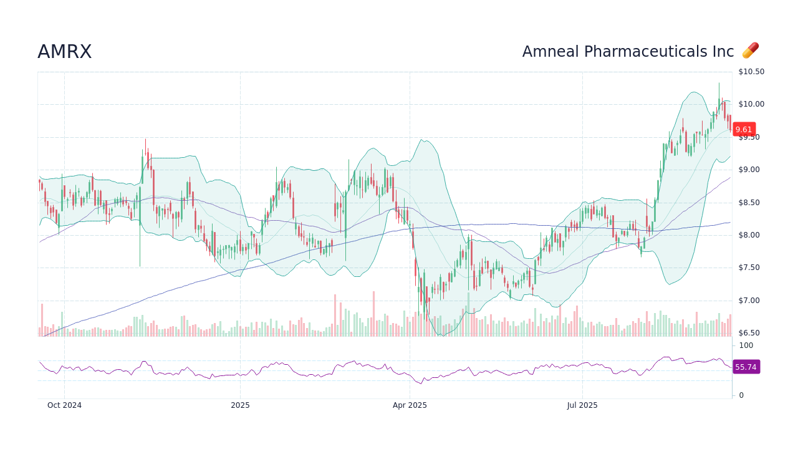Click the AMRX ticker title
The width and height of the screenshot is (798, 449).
64,52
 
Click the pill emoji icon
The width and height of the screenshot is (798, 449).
750,51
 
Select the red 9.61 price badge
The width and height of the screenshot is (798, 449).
744,130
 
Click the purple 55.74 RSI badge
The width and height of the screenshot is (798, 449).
746,367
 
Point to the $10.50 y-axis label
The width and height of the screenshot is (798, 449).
751,72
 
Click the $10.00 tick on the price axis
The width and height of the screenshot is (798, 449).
751,104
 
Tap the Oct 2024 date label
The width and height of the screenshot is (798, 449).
64,405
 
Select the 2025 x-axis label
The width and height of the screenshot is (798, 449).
240,405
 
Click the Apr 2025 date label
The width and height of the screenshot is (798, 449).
410,405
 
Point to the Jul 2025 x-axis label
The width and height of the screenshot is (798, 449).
582,405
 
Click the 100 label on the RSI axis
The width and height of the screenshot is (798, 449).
746,345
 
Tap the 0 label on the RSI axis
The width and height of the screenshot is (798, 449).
741,395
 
